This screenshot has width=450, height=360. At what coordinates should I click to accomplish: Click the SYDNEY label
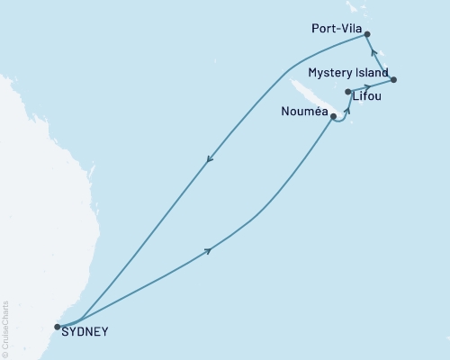coord(85,331)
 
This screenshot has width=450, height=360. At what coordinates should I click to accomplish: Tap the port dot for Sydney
coord(58,327)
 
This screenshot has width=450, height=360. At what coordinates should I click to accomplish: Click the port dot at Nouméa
coord(334,116)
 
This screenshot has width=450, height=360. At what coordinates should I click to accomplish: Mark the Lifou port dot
coord(348,92)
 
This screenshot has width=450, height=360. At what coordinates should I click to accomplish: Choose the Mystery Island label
coord(347,72)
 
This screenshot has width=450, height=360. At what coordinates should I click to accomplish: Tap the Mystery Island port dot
coord(394,80)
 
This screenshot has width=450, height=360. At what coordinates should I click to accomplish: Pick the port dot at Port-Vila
coord(366,33)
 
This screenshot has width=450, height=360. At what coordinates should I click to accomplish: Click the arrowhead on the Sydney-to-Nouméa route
coord(210,250)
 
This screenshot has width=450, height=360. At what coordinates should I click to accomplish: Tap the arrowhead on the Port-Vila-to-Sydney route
coord(209,161)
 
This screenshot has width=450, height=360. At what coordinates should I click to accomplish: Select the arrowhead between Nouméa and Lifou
coord(347,108)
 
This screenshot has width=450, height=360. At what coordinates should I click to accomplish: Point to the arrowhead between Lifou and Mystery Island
coord(367,87)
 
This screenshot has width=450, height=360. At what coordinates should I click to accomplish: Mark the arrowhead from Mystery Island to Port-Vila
coord(373,53)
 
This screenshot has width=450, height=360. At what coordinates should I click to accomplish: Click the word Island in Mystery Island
coord(372,72)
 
